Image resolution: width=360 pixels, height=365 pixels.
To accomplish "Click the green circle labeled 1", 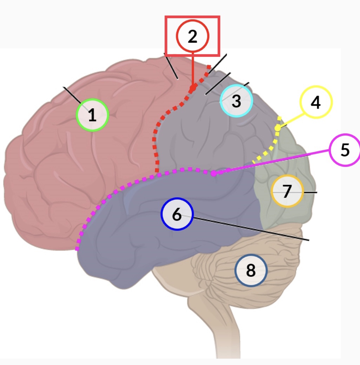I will [93, 115].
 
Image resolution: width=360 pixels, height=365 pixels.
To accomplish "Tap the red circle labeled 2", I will [193, 36].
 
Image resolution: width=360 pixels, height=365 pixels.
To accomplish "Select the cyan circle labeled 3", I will [236, 101].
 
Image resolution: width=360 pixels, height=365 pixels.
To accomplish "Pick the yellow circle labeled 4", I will [316, 102].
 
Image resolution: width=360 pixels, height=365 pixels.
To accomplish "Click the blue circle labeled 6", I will [177, 214].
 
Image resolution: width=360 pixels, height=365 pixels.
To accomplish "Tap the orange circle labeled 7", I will [287, 191].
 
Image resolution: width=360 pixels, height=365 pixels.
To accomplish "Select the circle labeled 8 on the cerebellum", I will [251, 271].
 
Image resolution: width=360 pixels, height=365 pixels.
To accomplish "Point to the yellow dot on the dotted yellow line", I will [278, 128].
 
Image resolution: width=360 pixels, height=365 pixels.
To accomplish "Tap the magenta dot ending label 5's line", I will [213, 173].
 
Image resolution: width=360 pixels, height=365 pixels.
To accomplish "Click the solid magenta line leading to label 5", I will [274, 162].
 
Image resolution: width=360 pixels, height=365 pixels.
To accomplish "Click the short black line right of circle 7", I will [310, 193].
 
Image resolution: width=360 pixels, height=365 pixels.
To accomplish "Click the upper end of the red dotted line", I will [209, 66].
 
